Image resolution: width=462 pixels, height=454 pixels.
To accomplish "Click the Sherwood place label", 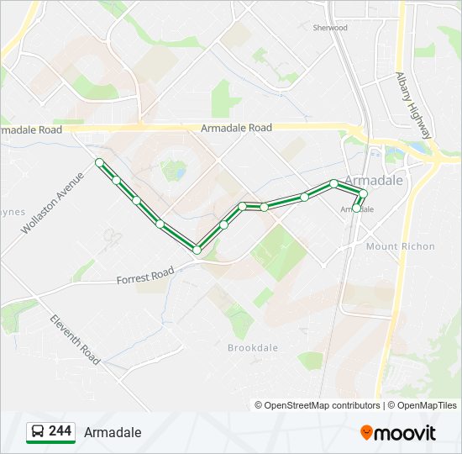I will coord(330,28).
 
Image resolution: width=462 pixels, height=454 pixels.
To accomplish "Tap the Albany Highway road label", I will coord(413,104).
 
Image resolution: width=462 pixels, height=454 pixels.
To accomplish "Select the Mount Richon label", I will coord(400,246).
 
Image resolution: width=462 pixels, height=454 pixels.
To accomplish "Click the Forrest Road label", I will coord(144,276).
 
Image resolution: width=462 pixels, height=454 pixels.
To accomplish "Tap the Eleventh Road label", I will coord(75,339).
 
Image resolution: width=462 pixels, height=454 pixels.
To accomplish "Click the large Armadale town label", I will coord(374,181).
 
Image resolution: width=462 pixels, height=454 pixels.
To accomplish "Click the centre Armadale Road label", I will coord(236,128).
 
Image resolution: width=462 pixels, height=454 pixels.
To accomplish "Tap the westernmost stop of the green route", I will coord(99,161).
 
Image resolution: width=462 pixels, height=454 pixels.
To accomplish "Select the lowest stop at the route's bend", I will coord(197,250).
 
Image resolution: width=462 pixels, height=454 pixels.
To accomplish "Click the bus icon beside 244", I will coord(38,432).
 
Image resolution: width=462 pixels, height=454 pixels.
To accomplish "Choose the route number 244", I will coord(60,431).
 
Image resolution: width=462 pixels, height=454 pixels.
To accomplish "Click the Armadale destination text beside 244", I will coord(113,432).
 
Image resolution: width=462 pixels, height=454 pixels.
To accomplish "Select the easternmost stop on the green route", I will coord(364,193).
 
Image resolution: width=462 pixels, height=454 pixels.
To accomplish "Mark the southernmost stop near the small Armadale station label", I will coord(356,209).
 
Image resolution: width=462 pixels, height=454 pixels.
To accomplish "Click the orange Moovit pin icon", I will coord(366,432).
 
